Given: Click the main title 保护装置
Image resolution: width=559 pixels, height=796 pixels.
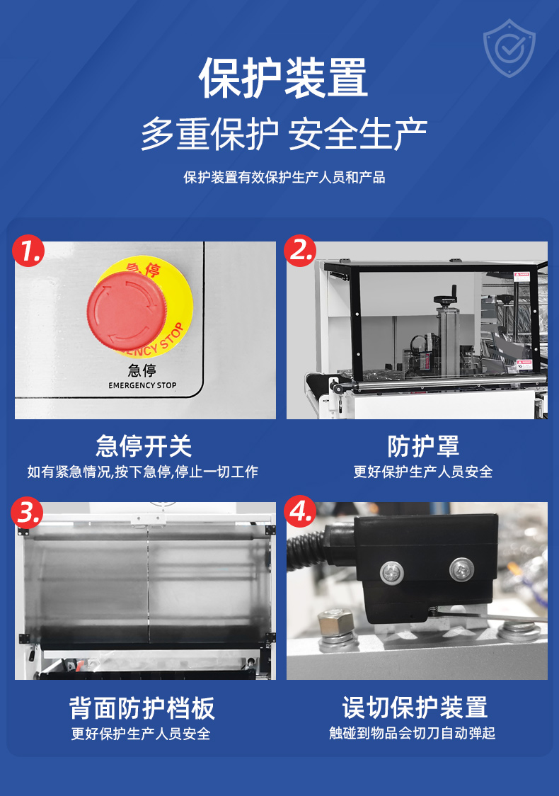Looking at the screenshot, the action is pos(282,78).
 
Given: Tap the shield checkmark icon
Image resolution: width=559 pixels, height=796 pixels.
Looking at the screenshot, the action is pos(509,49).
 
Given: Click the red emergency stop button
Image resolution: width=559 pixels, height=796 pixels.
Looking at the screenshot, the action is pos(127,311).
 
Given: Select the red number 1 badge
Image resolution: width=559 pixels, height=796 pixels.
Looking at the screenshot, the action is pos(28,251).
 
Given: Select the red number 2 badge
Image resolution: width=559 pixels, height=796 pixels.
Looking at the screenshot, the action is pos(300,251).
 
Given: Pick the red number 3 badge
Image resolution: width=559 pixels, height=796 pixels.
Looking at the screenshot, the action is pos(28,512).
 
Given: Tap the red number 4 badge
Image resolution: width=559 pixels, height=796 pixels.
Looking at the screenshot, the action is pos(300,511).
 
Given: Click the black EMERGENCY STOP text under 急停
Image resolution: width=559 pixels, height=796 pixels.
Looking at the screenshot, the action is pos(142,385).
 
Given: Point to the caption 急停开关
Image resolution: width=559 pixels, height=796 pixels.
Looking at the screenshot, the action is pos(144,446).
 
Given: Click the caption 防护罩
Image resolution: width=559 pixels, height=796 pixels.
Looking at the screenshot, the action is pos(423,446).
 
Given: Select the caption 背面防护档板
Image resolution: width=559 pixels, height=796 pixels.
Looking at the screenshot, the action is pos(142,707).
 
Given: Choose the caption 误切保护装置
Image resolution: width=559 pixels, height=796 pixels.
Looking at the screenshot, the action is pos(415,707).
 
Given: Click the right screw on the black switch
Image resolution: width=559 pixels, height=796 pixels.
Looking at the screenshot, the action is pos(461,569).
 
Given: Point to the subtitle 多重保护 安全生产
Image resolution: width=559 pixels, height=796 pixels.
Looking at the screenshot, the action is pos(284,134).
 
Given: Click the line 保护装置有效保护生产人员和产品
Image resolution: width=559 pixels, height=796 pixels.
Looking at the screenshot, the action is pos(284,178).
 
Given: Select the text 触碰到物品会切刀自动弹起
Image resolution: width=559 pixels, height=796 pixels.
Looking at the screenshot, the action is pos(413,733).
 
